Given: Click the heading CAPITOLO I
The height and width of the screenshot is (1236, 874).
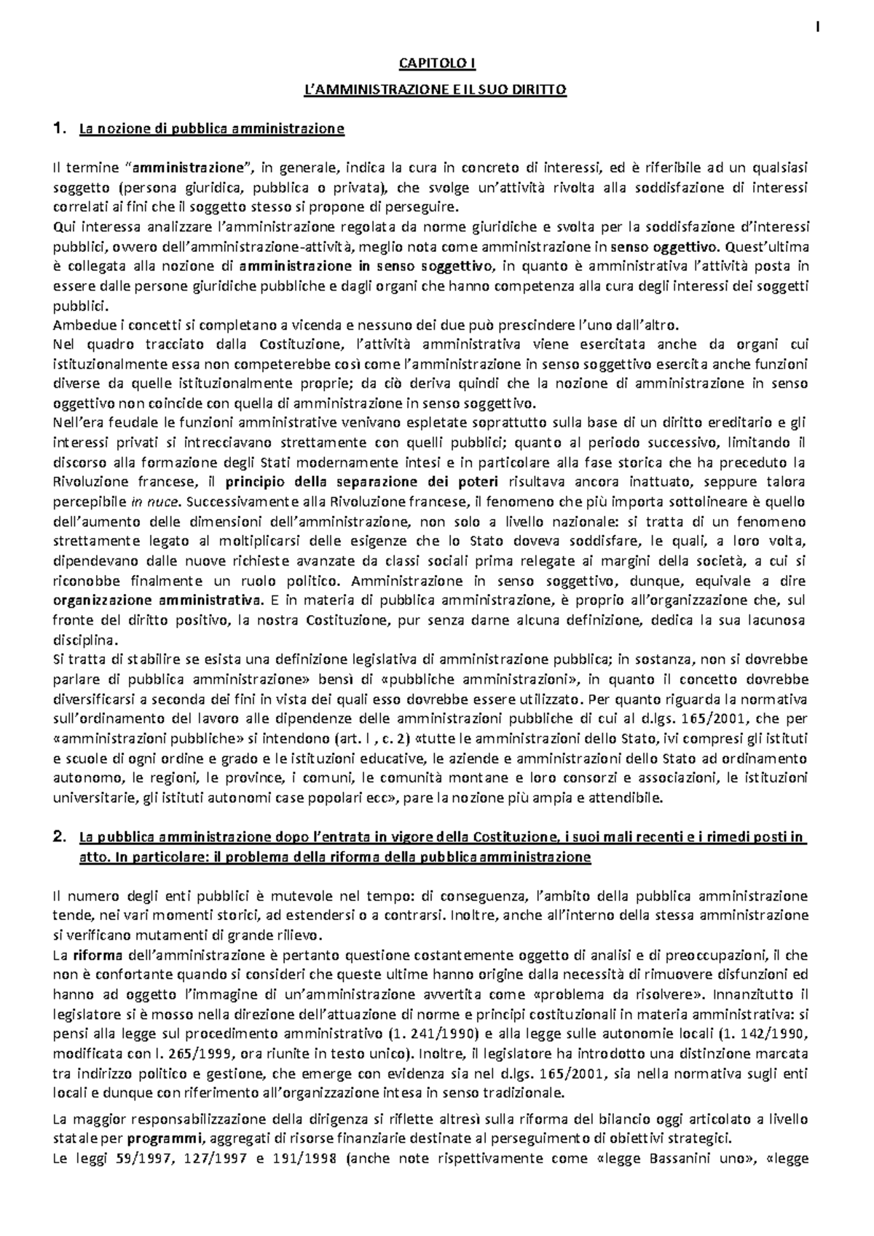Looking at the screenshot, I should (437, 64).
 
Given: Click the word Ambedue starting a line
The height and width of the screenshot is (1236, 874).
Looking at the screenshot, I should (80, 325).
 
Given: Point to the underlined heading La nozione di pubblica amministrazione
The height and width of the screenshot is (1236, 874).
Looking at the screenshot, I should (210, 130).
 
